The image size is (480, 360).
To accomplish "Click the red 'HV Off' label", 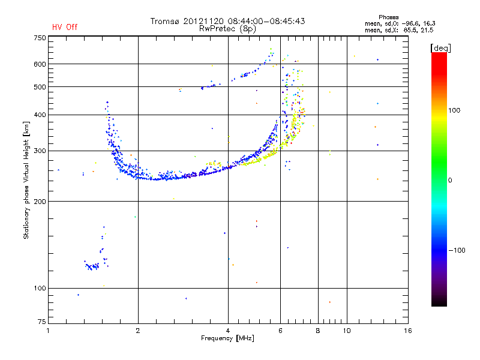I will (x=64, y=27).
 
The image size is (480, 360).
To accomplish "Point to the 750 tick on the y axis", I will (x=40, y=37).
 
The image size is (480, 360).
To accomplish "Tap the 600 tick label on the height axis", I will (x=40, y=64).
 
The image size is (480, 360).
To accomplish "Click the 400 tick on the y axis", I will (x=40, y=115).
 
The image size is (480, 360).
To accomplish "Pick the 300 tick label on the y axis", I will (x=40, y=151).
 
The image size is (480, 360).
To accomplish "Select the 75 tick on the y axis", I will (x=41, y=324).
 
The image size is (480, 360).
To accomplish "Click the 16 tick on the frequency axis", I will (x=407, y=331).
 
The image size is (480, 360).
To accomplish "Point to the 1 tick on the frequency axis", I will (x=49, y=331).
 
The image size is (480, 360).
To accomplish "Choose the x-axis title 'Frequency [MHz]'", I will (x=228, y=338).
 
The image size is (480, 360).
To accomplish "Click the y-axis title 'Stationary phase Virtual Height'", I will (x=26, y=180).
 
